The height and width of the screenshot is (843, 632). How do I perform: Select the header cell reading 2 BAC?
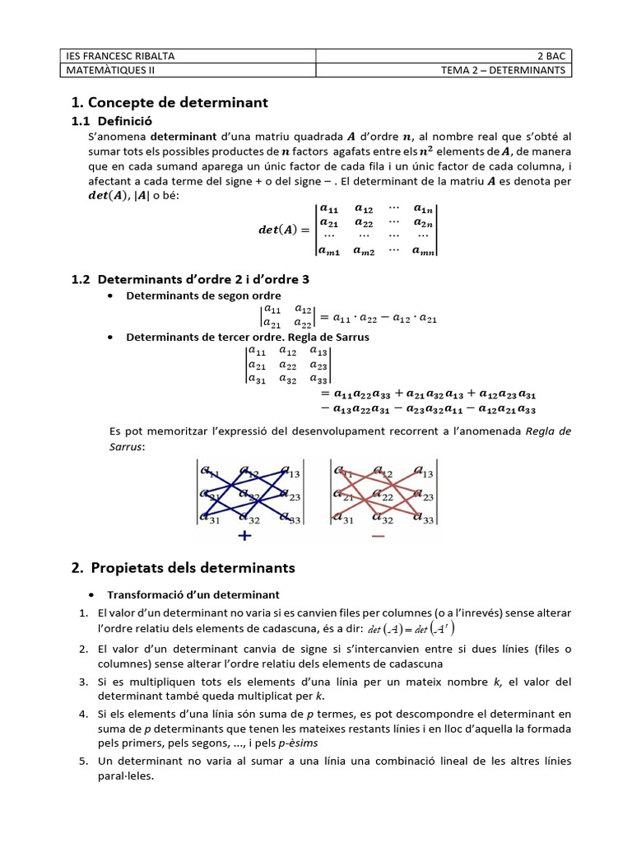(x=551, y=56)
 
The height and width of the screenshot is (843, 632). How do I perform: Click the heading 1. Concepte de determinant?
(x=170, y=103)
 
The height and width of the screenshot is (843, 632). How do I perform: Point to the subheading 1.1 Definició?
(x=112, y=121)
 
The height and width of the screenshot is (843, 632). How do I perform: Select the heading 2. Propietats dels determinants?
(x=183, y=568)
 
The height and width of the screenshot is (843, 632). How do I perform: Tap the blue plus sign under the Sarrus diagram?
(x=244, y=537)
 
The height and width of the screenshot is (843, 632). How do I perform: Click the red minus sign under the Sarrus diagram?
(x=378, y=537)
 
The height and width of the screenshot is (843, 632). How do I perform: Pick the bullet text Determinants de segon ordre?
(x=202, y=296)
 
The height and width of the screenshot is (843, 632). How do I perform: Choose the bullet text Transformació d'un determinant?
(x=193, y=594)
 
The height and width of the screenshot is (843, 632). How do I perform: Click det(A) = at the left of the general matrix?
(x=282, y=230)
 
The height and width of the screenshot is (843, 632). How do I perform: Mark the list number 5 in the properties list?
(x=84, y=761)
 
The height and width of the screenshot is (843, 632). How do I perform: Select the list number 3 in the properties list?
(x=84, y=682)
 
